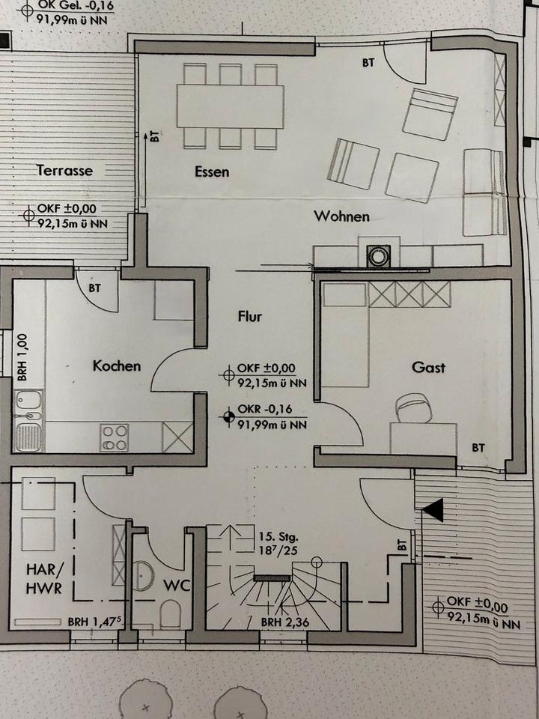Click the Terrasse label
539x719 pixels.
coord(65,170)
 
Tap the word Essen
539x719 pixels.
coord(212,172)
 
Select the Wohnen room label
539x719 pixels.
coord(341,216)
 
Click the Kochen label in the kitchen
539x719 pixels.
coord(116,366)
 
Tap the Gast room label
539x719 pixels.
coord(428,367)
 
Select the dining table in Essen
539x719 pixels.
coord(230,106)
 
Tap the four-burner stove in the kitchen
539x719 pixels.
coord(115,437)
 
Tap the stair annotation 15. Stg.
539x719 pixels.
coord(277,537)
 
